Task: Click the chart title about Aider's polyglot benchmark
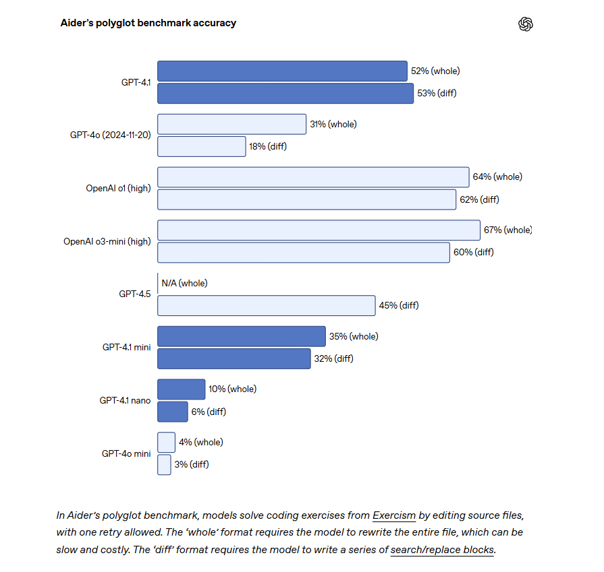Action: point(148,23)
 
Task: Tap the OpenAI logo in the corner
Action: point(526,24)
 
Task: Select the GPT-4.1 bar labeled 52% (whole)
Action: point(282,71)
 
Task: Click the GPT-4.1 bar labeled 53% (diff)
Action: point(285,94)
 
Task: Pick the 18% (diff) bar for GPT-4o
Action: point(202,147)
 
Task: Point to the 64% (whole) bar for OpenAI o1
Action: point(313,177)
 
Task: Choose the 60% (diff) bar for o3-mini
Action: point(304,253)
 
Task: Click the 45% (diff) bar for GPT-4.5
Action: point(267,306)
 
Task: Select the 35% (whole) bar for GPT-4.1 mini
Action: point(242,337)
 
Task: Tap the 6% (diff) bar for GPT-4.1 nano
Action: point(173,412)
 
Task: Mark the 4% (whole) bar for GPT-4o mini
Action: point(167,443)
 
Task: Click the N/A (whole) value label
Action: point(184,284)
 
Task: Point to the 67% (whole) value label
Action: point(507,230)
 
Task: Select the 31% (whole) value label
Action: point(333,124)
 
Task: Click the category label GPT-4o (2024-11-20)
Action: point(111,135)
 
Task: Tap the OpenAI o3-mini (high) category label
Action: point(107,242)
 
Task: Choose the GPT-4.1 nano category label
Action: point(126,400)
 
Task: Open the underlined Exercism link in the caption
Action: point(394,515)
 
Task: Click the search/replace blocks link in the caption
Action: point(442,550)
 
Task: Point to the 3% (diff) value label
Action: point(192,465)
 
